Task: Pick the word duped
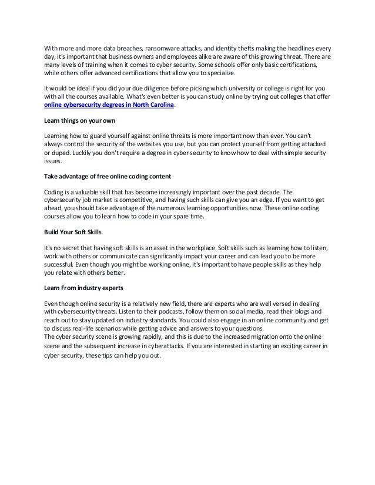pos(64,153)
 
